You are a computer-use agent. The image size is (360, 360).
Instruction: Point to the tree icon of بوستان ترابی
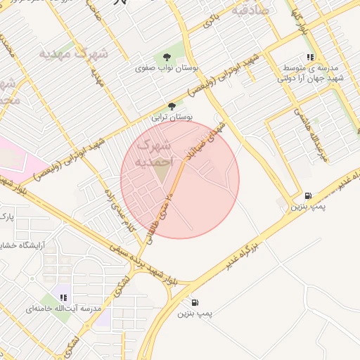point(172,106)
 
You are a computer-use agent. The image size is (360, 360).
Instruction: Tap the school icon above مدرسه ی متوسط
point(309,58)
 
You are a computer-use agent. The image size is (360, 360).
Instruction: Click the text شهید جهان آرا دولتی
point(311,78)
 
